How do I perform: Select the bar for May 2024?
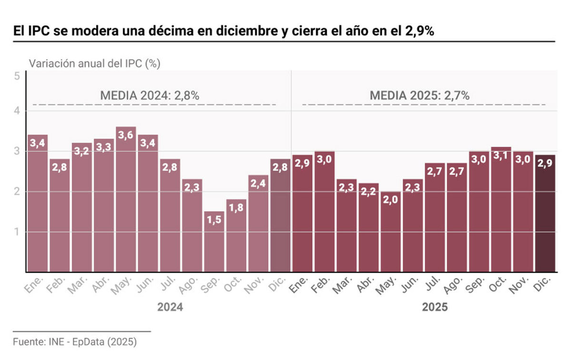point(126,200)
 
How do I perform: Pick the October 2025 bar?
point(501,210)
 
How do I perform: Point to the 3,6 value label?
point(126,136)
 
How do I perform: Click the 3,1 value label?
point(501,156)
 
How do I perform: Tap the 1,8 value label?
point(236,208)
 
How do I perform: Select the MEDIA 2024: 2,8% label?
point(149,95)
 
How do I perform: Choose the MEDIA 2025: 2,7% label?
point(420,95)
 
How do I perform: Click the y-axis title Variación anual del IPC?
point(94,63)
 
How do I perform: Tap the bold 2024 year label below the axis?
point(170,307)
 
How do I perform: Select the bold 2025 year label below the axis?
point(434,307)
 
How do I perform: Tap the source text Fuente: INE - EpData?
point(75,341)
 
